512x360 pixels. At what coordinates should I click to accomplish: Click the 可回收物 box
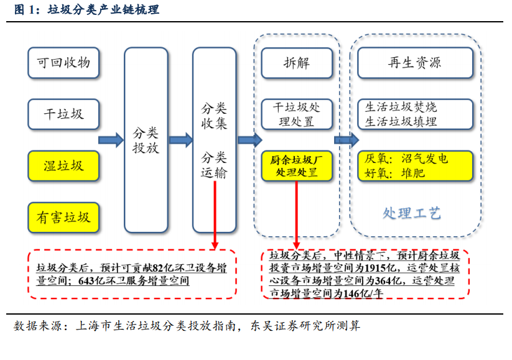pyautogui.click(x=63, y=63)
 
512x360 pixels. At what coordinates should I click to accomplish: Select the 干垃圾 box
pyautogui.click(x=63, y=114)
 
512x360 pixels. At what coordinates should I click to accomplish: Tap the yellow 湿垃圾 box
pyautogui.click(x=63, y=166)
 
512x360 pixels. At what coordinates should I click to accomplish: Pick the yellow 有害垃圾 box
pyautogui.click(x=63, y=218)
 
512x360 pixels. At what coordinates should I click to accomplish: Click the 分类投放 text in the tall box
pyautogui.click(x=146, y=141)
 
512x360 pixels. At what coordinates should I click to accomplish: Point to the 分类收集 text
pyautogui.click(x=214, y=116)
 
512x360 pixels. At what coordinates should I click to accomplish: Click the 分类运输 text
pyautogui.click(x=214, y=165)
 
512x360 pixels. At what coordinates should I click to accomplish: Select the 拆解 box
pyautogui.click(x=297, y=63)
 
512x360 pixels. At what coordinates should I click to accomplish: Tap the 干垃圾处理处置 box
pyautogui.click(x=297, y=114)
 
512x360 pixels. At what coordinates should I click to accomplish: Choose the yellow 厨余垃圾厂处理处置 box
pyautogui.click(x=297, y=166)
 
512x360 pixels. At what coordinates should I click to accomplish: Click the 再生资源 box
pyautogui.click(x=415, y=63)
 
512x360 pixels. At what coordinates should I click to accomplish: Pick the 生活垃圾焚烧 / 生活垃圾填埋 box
pyautogui.click(x=415, y=114)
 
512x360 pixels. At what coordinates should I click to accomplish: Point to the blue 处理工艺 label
pyautogui.click(x=412, y=213)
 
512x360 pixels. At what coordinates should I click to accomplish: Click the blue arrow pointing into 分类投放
pyautogui.click(x=111, y=141)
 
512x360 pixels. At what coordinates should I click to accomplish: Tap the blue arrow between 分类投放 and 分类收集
pyautogui.click(x=181, y=141)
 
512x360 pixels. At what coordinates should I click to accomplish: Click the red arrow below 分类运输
pyautogui.click(x=215, y=215)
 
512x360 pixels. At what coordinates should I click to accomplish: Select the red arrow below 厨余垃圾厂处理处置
pyautogui.click(x=297, y=215)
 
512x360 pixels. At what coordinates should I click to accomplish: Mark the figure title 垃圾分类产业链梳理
pyautogui.click(x=103, y=9)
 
